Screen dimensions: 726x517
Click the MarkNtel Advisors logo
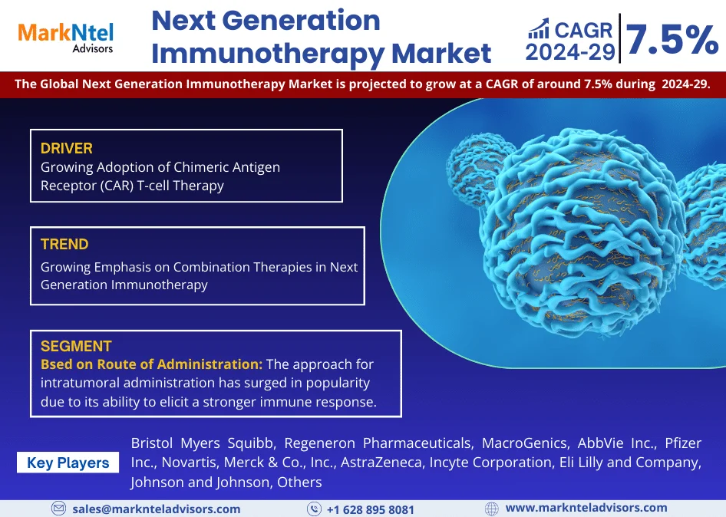click(66, 38)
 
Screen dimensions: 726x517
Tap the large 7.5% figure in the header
click(672, 40)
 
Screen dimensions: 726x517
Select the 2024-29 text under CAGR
click(570, 52)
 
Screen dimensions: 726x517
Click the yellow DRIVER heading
click(67, 149)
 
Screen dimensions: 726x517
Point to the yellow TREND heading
click(64, 245)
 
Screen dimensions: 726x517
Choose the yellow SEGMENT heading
click(76, 346)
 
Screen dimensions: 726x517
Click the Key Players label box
click(68, 463)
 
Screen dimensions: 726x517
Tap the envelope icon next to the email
click(58, 509)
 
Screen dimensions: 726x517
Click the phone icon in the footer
click(314, 509)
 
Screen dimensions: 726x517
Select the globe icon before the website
click(492, 509)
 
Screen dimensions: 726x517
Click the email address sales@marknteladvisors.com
click(157, 509)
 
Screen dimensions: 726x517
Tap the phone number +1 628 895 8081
click(371, 509)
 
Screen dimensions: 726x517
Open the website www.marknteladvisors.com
click(586, 509)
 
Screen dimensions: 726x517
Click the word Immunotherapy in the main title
click(268, 54)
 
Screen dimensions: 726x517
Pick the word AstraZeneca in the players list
click(381, 463)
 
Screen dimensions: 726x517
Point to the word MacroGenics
click(525, 443)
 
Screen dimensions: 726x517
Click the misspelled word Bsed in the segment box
click(56, 364)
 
